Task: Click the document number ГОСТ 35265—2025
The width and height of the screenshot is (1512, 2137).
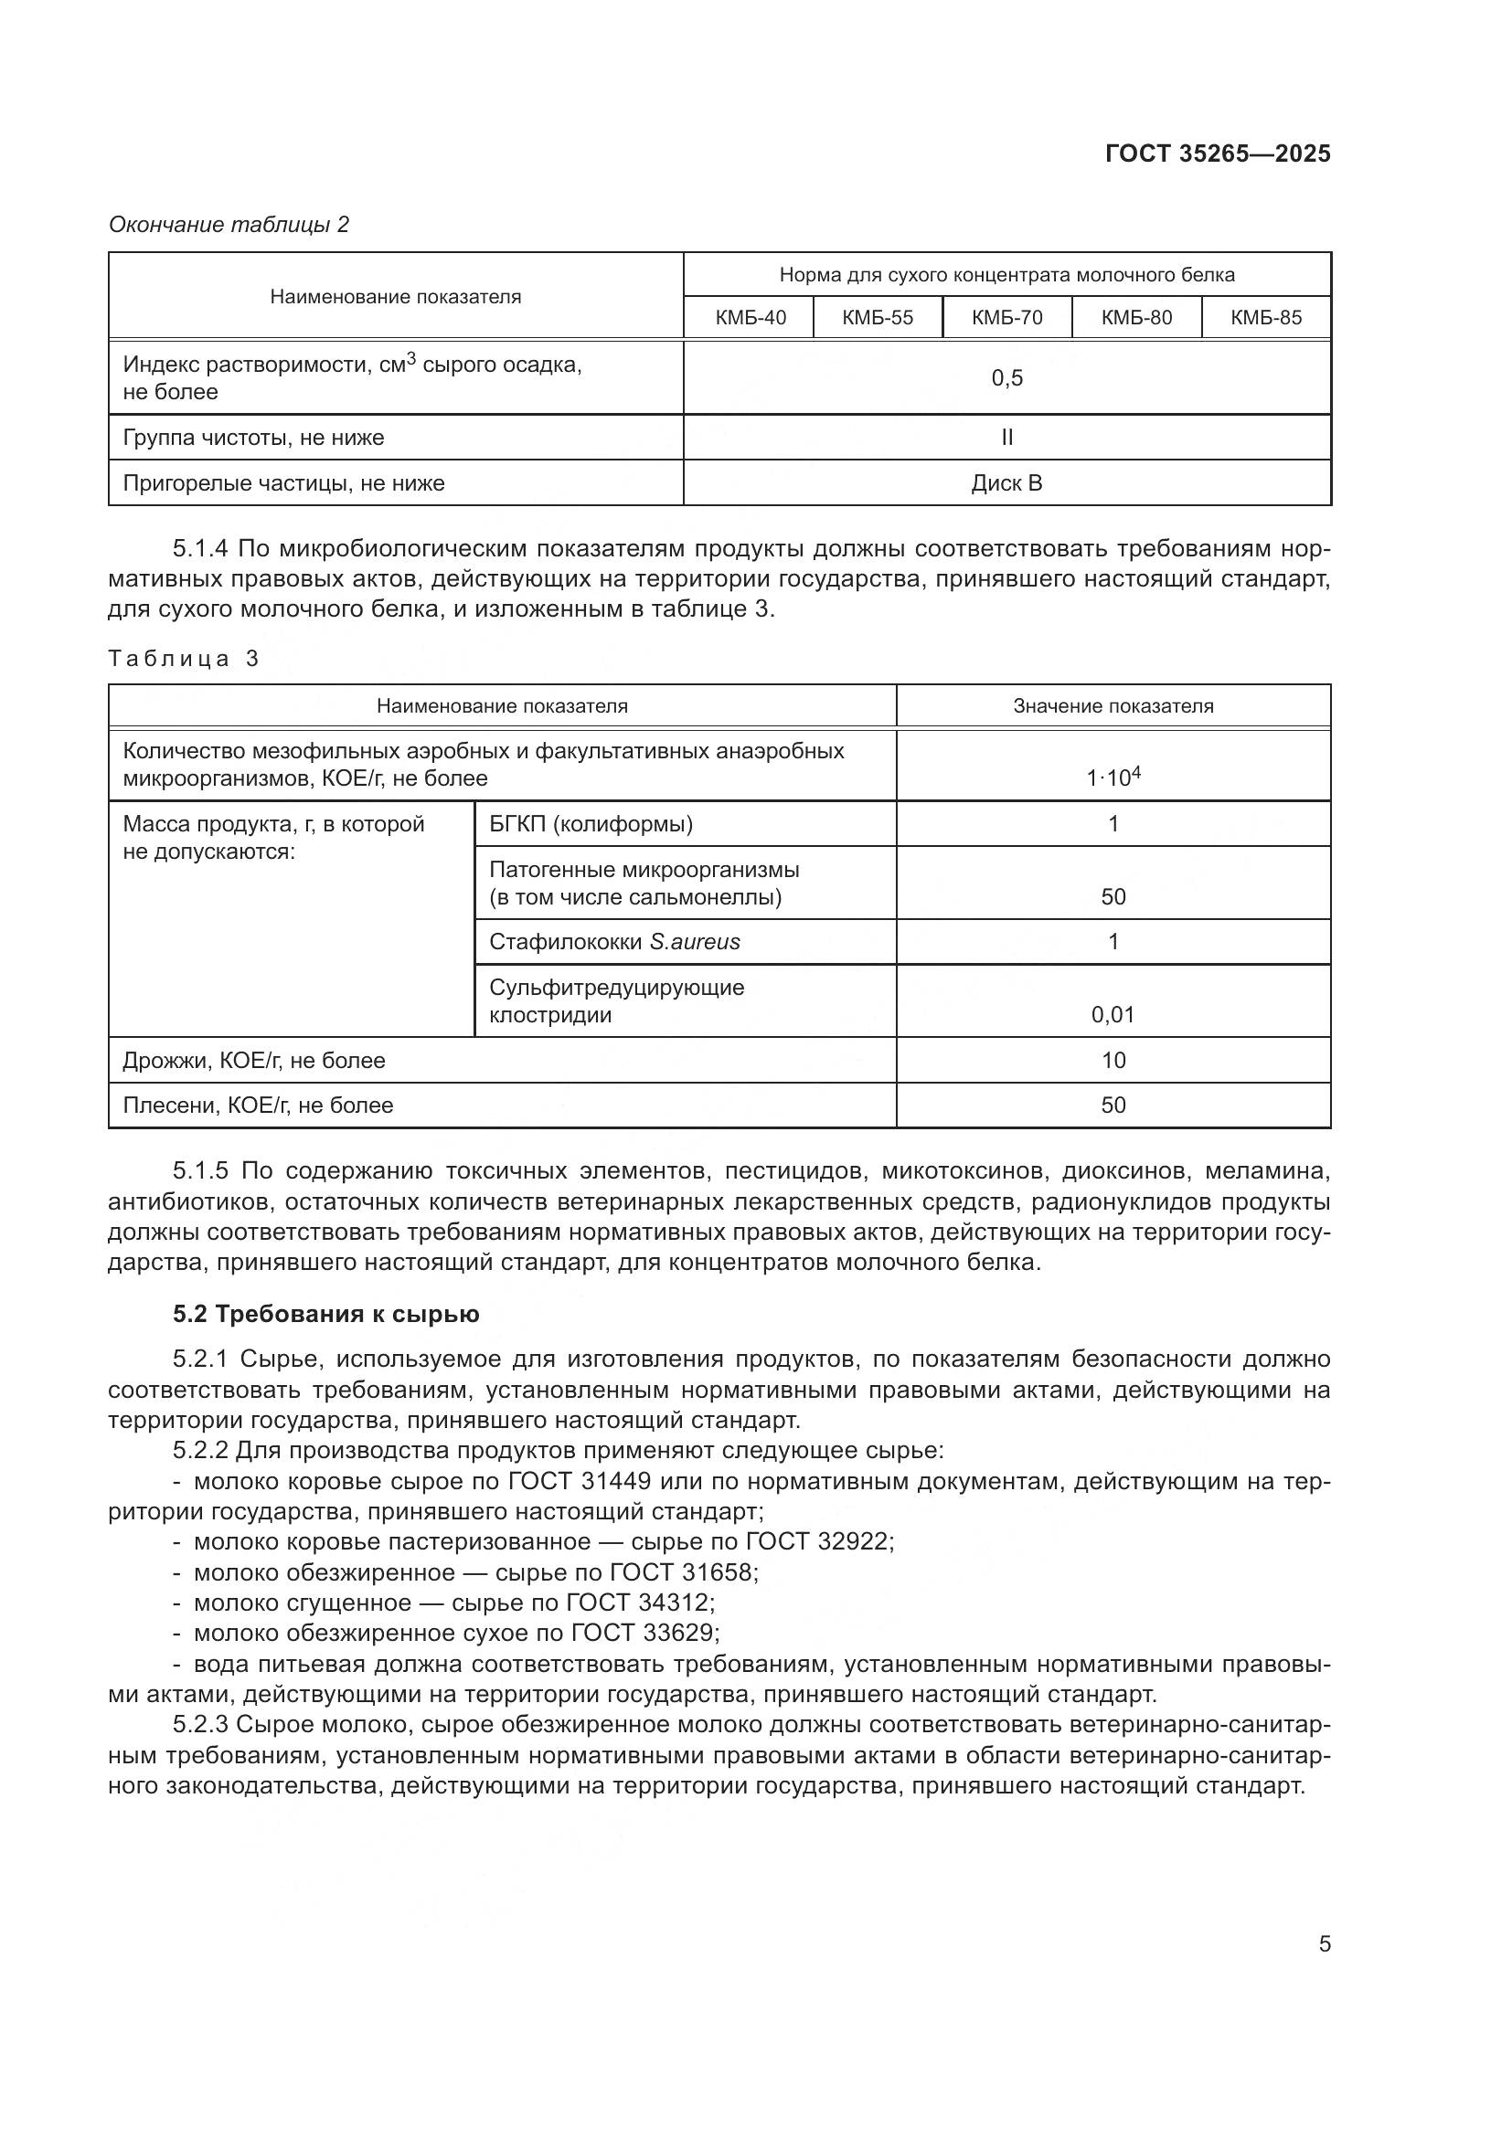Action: coord(1217,153)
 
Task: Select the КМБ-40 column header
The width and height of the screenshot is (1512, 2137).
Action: coord(750,317)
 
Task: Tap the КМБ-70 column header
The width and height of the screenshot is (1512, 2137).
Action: coord(1006,317)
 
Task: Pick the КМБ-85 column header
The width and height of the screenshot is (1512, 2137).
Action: coord(1265,317)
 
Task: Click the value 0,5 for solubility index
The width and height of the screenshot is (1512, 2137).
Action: coord(1006,378)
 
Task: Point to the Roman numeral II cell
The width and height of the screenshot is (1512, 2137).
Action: coord(1006,438)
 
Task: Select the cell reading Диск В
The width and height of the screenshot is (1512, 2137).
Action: coord(1006,483)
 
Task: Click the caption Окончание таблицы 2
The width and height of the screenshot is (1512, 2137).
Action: coord(229,225)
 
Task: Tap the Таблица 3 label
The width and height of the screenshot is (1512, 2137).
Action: coord(184,659)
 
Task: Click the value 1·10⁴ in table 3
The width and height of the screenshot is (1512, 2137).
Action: coord(1113,777)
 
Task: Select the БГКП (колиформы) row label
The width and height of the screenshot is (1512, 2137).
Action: coord(591,824)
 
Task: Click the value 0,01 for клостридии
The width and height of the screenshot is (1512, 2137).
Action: coord(1113,1014)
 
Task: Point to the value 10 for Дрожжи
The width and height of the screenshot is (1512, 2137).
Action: coord(1113,1060)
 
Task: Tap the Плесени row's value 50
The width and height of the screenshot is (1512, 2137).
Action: coord(1113,1105)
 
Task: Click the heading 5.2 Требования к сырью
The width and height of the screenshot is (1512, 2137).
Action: coord(325,1314)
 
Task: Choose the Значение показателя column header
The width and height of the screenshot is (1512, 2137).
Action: coord(1113,706)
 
